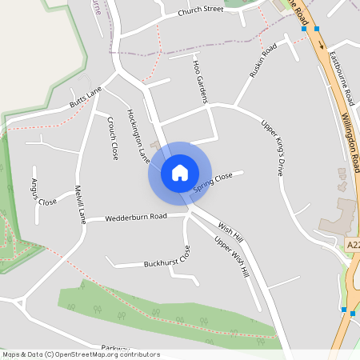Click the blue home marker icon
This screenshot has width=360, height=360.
[x=180, y=172]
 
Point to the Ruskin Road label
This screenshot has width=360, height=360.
[x=262, y=61]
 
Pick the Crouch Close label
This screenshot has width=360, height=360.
[x=113, y=137]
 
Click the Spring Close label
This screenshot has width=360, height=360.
[x=212, y=182]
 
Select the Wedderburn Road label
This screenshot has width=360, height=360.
[x=135, y=216]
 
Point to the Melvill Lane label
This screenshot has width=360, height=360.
[x=79, y=204]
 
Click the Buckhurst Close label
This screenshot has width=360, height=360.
[x=167, y=260]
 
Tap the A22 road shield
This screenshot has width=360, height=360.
[x=353, y=243]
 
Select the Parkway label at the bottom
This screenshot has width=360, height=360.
[x=116, y=348]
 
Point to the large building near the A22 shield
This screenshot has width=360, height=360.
[x=341, y=214]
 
